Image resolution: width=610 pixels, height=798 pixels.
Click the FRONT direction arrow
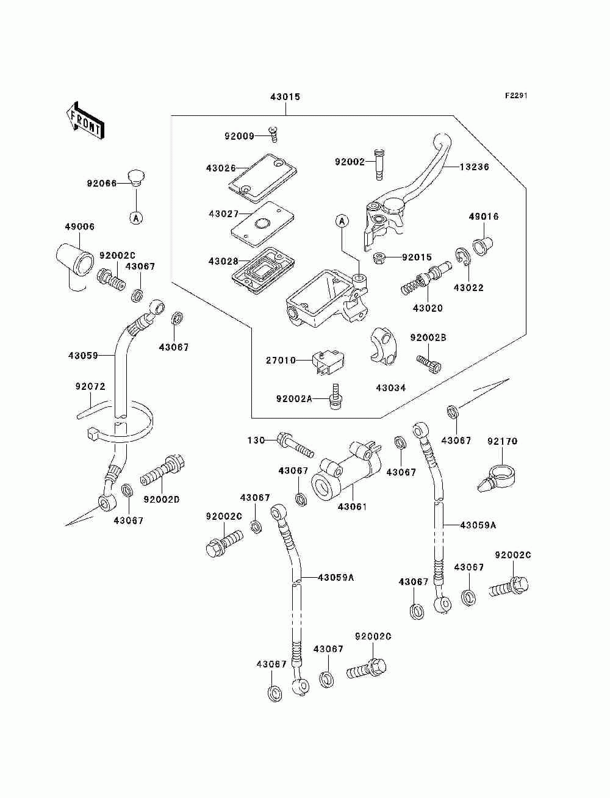tap(85, 120)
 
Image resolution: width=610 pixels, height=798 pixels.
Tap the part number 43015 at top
tap(285, 97)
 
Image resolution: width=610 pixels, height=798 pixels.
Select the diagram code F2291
tap(516, 96)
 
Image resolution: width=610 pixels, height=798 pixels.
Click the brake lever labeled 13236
tap(407, 193)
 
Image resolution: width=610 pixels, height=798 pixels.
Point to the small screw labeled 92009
tap(273, 134)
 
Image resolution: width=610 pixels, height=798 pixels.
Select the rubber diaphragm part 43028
tap(263, 270)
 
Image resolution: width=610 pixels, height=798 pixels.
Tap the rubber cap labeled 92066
tap(136, 178)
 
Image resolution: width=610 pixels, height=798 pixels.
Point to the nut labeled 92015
tap(379, 258)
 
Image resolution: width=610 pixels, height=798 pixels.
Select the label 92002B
tap(429, 338)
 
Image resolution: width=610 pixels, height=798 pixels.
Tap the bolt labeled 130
tap(296, 445)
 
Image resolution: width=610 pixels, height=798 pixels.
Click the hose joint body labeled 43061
tap(346, 473)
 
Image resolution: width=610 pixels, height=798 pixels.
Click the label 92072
tap(90, 386)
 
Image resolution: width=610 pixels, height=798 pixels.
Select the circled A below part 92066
tap(136, 218)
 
